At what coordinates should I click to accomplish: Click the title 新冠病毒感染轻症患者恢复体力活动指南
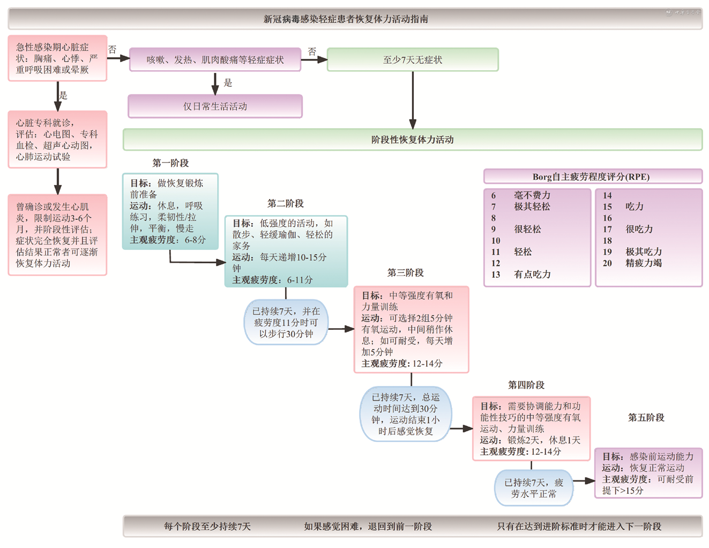tap(346, 19)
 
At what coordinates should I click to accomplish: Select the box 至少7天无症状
tap(413, 60)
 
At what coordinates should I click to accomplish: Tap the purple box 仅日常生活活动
tap(215, 106)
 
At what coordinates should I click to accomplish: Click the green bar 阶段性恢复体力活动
tap(412, 139)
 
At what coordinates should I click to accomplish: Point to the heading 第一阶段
tap(170, 163)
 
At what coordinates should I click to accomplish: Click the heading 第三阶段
tap(406, 272)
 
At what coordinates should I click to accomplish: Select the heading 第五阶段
tap(646, 417)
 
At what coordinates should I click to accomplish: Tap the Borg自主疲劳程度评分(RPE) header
tap(592, 176)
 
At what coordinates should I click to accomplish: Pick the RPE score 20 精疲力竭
tap(632, 263)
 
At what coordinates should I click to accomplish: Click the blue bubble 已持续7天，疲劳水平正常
tap(533, 488)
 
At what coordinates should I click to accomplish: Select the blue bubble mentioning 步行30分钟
tap(286, 322)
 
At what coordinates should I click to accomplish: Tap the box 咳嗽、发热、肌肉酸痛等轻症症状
tap(215, 60)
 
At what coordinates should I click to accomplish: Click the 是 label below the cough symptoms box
tap(228, 83)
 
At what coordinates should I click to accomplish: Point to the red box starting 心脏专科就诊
tap(57, 139)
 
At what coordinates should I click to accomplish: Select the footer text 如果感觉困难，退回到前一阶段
tap(368, 527)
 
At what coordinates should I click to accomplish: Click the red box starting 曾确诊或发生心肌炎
tap(57, 235)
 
